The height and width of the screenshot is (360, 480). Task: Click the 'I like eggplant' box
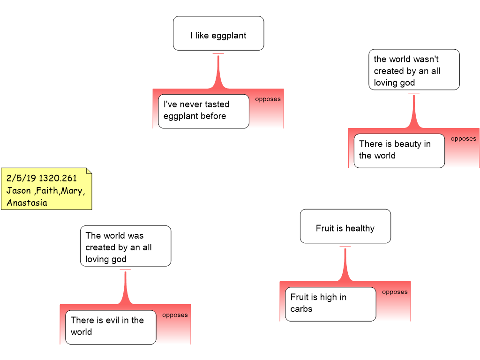point(218,33)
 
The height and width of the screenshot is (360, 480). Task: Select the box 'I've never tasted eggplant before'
point(203,111)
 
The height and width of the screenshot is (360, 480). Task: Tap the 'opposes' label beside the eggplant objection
point(268,99)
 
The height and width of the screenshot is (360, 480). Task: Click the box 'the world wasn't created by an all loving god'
point(414,69)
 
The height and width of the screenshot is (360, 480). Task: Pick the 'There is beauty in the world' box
point(399,150)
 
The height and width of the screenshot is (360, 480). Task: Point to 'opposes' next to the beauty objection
point(464,138)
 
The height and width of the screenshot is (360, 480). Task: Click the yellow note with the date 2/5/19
point(46,188)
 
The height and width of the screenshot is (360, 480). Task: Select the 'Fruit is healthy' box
point(345,226)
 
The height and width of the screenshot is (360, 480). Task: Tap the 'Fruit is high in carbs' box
point(330,304)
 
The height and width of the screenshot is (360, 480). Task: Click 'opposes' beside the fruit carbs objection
point(395,292)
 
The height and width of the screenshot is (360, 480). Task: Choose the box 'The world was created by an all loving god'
point(126,246)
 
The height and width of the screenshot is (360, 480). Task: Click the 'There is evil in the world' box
point(111,327)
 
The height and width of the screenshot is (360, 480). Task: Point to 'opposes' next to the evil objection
point(175,315)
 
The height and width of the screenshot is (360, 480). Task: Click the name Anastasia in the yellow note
point(27,202)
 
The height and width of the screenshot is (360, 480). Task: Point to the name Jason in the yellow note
point(19,190)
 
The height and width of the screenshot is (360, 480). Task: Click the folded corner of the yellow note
point(89,171)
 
